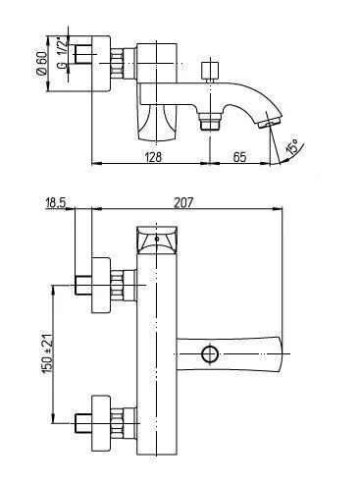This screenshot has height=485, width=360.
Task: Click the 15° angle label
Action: click(293, 150)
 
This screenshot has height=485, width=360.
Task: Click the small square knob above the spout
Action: click(207, 73)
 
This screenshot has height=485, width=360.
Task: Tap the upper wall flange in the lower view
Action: click(100, 285)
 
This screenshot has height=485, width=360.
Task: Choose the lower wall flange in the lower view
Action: click(100, 423)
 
